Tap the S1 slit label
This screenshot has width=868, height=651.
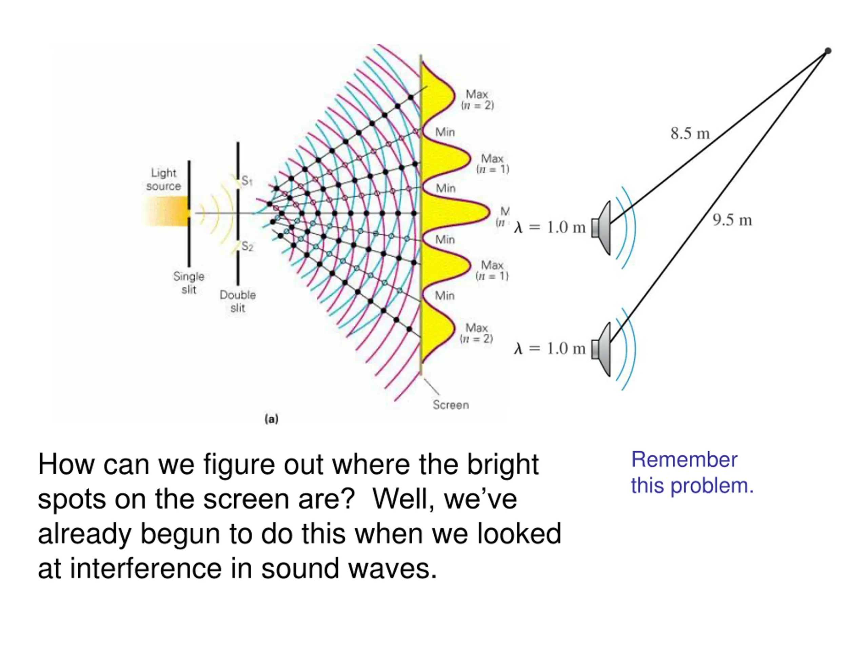coord(247,181)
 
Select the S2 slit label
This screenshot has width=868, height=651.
coord(247,246)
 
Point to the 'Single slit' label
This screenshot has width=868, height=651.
coord(189,282)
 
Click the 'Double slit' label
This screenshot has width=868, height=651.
coord(238,301)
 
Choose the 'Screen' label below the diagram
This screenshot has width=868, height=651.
coord(451,405)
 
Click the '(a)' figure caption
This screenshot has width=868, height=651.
coord(272,419)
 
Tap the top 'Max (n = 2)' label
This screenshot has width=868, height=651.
coord(477,100)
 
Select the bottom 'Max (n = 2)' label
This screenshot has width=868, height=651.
coord(476,333)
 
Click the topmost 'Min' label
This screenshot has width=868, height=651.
coord(445,132)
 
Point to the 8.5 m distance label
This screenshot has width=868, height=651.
coord(690,133)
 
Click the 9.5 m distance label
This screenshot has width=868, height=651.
coord(732,220)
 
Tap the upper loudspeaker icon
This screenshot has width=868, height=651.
coord(602,228)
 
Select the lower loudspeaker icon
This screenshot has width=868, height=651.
coord(602,349)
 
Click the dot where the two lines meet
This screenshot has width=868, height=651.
coord(828,51)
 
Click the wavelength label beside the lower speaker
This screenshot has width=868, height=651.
coord(550,349)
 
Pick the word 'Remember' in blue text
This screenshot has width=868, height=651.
coord(684,459)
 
